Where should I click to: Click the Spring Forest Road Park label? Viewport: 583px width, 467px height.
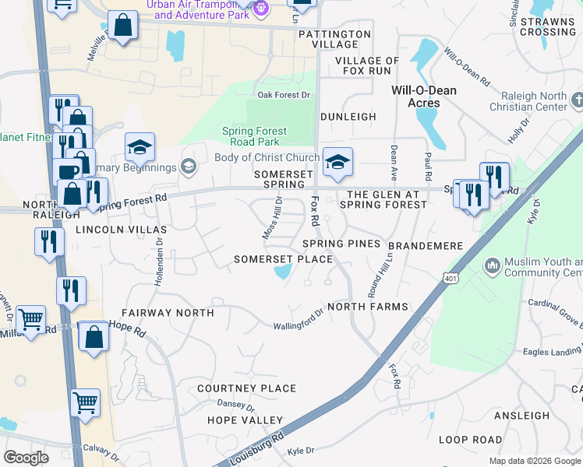[254, 136]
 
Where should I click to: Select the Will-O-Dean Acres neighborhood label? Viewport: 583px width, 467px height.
[423, 97]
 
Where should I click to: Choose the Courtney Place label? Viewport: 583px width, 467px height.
[246, 388]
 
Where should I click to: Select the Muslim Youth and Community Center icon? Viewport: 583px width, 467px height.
[492, 266]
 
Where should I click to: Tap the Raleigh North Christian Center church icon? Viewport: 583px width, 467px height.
[577, 100]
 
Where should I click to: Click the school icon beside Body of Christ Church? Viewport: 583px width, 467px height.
[337, 161]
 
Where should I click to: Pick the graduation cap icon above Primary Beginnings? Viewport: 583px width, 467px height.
[140, 146]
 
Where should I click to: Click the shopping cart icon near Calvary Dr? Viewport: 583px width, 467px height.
[86, 402]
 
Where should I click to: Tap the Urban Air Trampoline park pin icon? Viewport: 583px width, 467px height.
[261, 8]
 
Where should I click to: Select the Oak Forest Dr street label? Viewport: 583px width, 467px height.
[284, 95]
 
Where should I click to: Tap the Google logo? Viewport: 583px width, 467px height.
[26, 458]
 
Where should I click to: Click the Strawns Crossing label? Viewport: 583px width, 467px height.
[548, 26]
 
